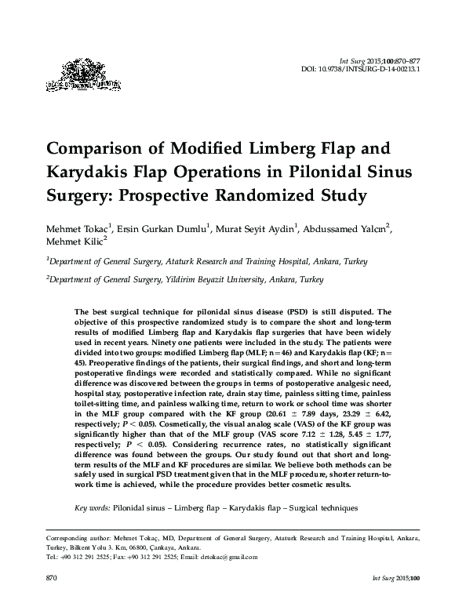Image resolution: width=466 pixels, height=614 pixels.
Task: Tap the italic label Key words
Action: point(92,509)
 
